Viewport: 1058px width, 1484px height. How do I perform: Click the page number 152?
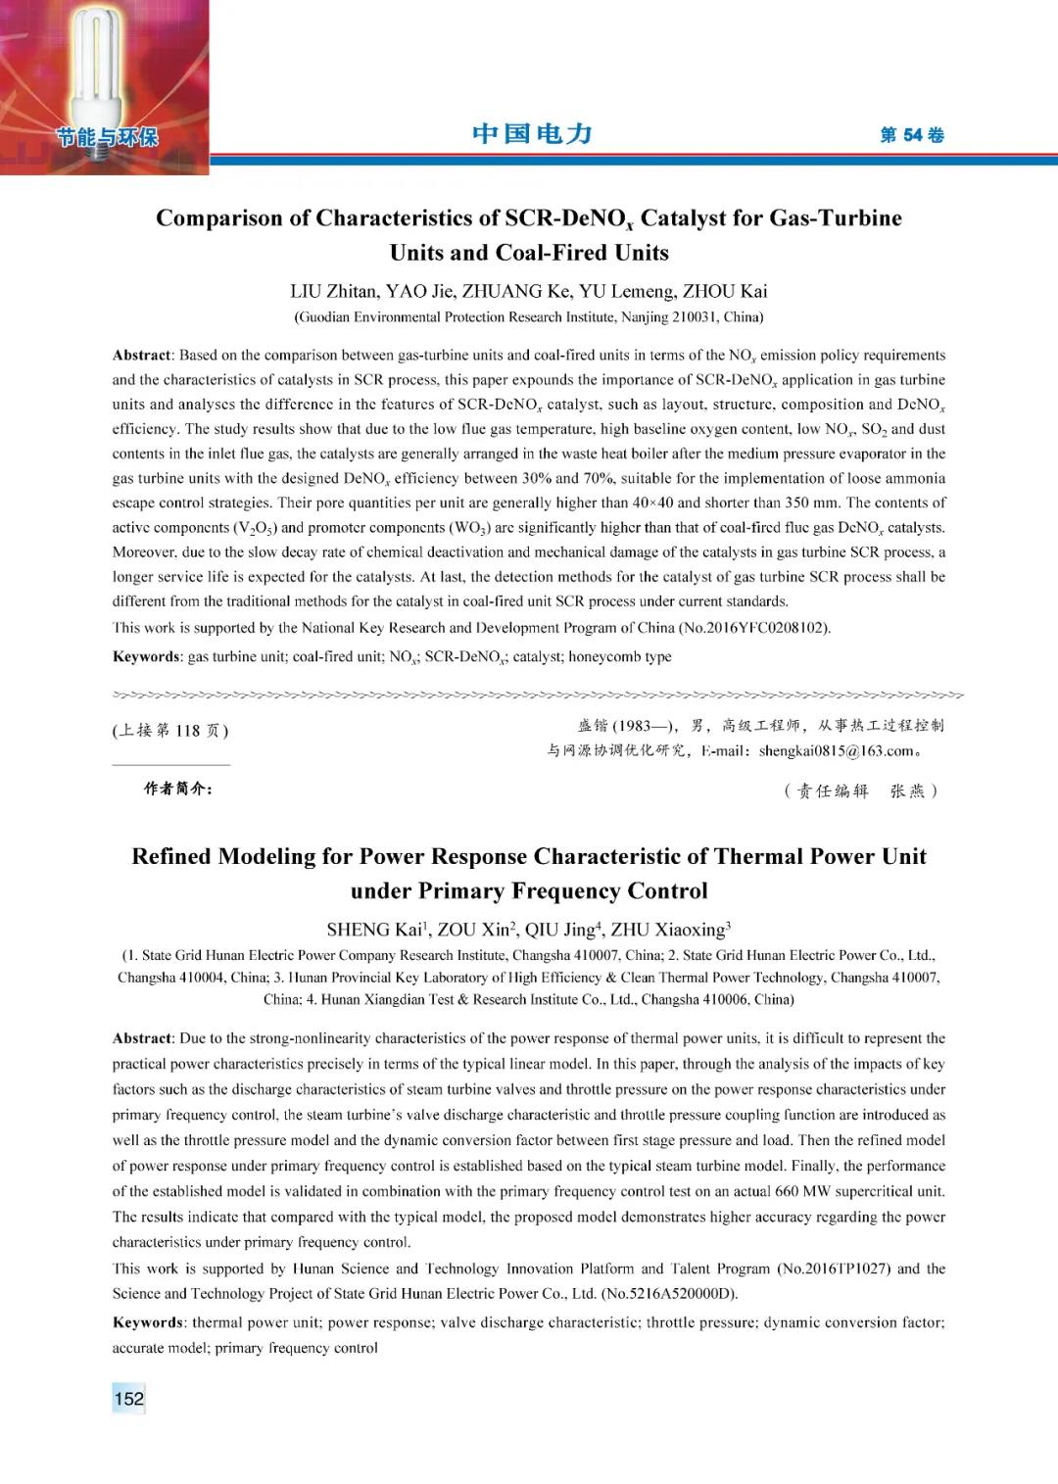(128, 1399)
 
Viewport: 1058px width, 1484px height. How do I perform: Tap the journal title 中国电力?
(532, 134)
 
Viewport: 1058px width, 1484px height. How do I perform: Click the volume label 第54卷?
(911, 135)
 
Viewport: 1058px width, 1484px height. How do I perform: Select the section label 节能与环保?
(107, 137)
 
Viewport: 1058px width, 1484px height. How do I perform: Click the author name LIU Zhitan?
(333, 291)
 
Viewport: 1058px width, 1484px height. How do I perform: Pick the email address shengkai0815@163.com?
(836, 751)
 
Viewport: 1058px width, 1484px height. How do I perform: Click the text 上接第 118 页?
(171, 731)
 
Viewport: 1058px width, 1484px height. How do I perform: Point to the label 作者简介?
(178, 790)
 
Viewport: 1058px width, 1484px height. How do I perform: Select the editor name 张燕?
(907, 791)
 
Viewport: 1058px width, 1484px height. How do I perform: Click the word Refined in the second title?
(171, 856)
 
